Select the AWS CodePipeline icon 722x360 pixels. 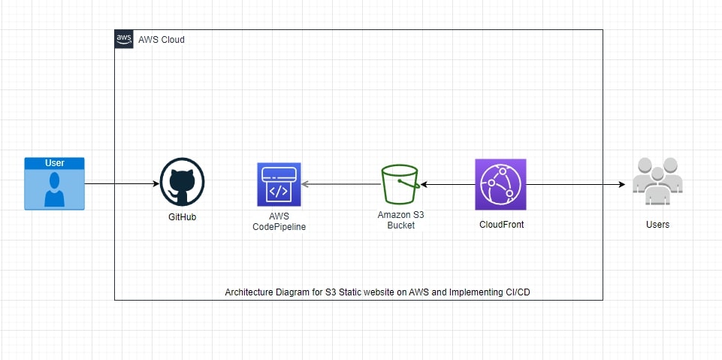click(278, 184)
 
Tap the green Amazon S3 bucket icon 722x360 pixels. click(400, 184)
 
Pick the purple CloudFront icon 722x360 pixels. click(500, 184)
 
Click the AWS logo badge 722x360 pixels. click(124, 39)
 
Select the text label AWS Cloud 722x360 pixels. click(162, 39)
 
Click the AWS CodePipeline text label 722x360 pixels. click(279, 221)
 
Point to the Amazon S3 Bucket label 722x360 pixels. click(400, 219)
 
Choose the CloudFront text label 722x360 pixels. click(501, 224)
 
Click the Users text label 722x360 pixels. click(657, 224)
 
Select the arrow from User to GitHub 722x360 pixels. click(120, 183)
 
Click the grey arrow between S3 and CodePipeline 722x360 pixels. click(338, 183)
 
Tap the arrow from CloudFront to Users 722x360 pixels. click(575, 183)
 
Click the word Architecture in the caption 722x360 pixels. click(249, 292)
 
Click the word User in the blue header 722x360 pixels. click(54, 163)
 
